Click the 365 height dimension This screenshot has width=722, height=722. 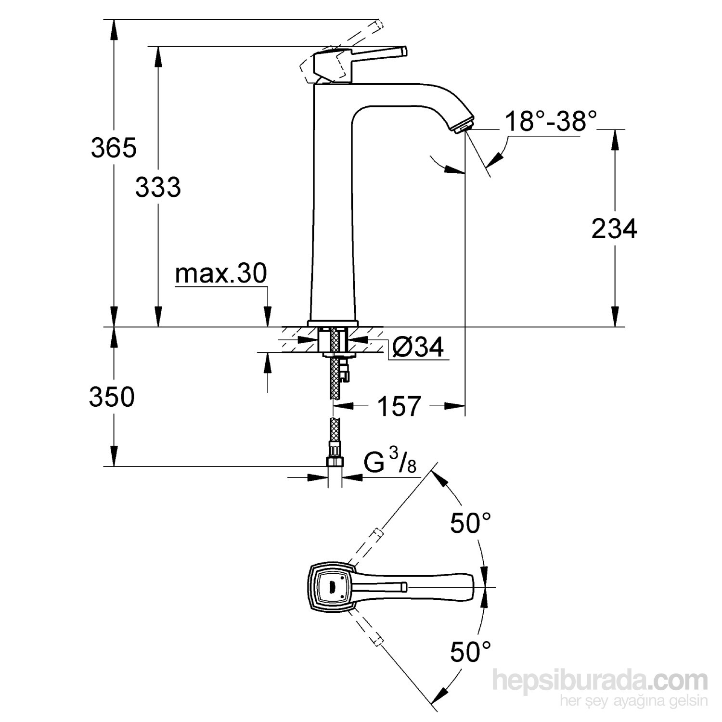pos(114,148)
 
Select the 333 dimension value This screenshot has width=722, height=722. pos(158,187)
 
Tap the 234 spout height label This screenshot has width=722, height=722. pos(614,229)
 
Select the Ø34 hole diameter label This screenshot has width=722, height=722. pos(417,347)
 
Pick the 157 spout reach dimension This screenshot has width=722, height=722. pos(399,406)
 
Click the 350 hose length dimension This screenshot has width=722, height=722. pos(112,398)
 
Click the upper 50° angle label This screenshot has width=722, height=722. pos(470,523)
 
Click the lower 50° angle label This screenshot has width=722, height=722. pos(470,652)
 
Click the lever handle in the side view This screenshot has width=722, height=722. pos(380,52)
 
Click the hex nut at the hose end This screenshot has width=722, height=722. pos(335,463)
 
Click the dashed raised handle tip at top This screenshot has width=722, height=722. pos(378,25)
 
